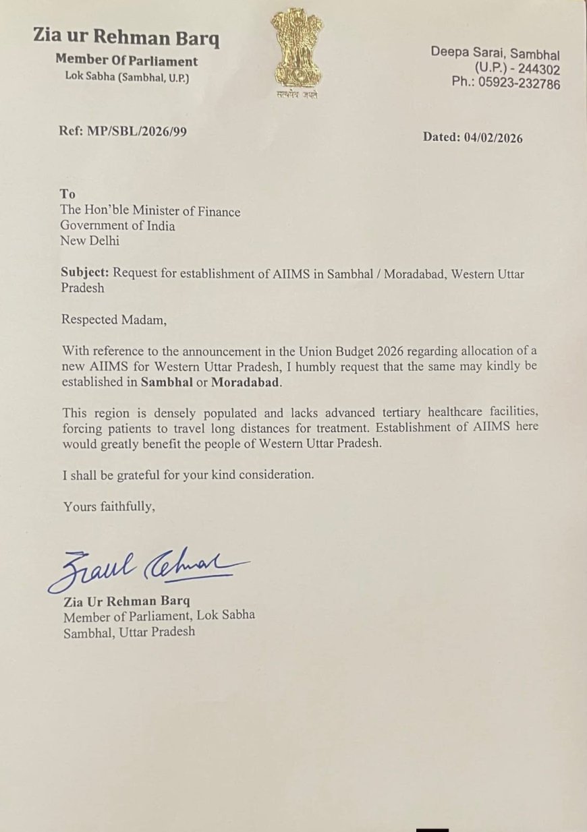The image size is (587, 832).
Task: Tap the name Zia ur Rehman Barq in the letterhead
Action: tap(126, 38)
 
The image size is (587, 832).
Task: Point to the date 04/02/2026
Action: tap(493, 138)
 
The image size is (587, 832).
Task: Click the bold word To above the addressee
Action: tap(67, 194)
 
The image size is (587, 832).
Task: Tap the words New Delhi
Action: tap(90, 241)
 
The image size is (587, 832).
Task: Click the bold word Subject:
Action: tap(85, 273)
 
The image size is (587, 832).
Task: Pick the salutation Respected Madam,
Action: tap(113, 320)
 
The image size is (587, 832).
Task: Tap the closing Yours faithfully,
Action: tap(109, 506)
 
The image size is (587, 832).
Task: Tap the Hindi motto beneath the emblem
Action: tap(297, 94)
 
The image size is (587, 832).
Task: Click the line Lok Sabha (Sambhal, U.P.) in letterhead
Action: tap(127, 77)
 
